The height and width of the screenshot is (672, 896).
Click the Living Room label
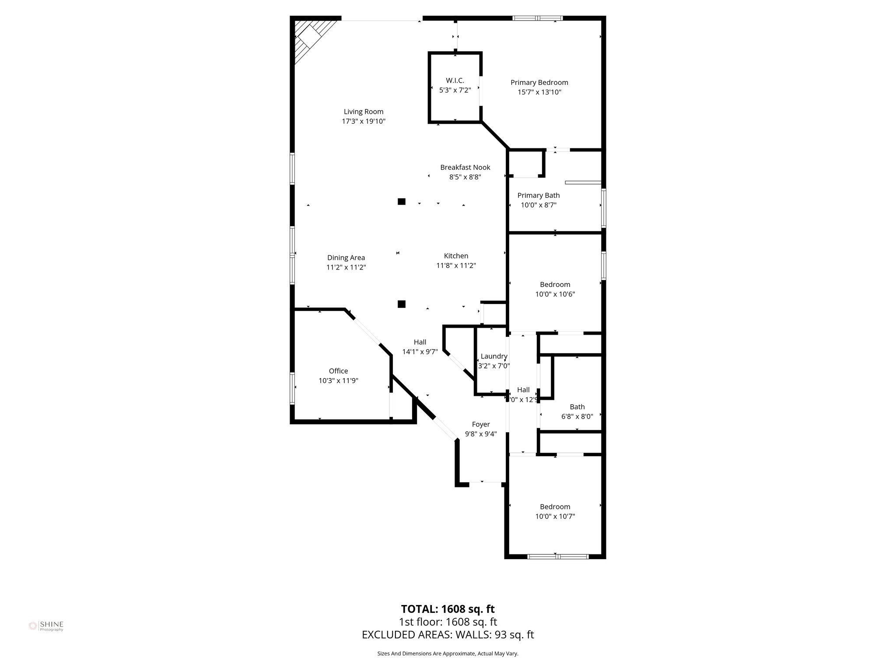tap(363, 112)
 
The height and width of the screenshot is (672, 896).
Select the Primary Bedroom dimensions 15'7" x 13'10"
tap(539, 92)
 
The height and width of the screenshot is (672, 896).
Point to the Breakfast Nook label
tap(465, 167)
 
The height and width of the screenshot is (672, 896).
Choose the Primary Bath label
tap(538, 195)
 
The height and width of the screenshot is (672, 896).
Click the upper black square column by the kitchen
tap(401, 202)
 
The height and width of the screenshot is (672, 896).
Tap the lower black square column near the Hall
tap(401, 304)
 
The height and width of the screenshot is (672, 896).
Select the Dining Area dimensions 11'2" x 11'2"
tap(346, 267)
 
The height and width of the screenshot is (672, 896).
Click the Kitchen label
tap(456, 256)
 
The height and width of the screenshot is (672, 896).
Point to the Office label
tap(338, 371)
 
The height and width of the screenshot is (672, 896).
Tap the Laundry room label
tap(494, 356)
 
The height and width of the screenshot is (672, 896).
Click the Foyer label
tap(480, 424)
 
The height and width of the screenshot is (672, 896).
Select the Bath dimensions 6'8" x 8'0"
tap(577, 416)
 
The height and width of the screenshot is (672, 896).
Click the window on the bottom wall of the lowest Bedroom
tap(557, 556)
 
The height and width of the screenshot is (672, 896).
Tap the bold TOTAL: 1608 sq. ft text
tap(448, 609)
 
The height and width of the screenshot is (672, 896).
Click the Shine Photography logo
tap(46, 626)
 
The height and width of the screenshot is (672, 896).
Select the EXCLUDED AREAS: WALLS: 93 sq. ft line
tap(448, 635)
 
